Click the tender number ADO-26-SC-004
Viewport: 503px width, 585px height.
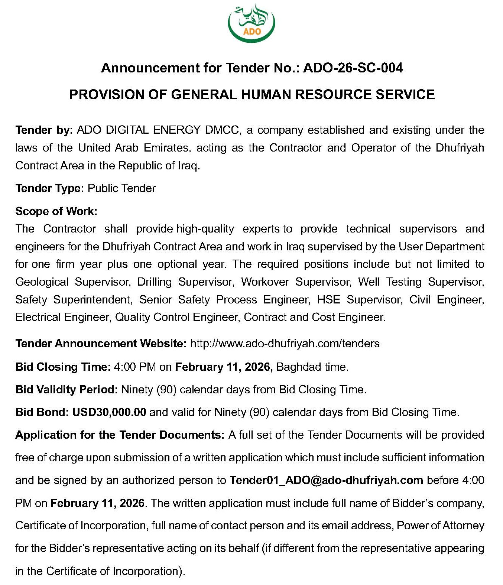tap(353, 68)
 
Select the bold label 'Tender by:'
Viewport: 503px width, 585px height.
tap(44, 130)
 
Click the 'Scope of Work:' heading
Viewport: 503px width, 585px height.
tap(56, 211)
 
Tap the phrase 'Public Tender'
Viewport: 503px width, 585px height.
tap(121, 188)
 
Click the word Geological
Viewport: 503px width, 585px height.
tap(42, 282)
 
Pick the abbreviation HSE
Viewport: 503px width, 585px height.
tap(328, 300)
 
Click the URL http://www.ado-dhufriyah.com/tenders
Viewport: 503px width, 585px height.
tap(285, 344)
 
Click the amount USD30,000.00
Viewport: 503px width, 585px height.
tap(109, 412)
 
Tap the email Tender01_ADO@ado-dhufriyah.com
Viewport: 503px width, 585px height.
tap(326, 480)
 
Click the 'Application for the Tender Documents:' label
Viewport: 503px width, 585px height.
tap(120, 435)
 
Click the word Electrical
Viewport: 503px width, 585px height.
tap(38, 317)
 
